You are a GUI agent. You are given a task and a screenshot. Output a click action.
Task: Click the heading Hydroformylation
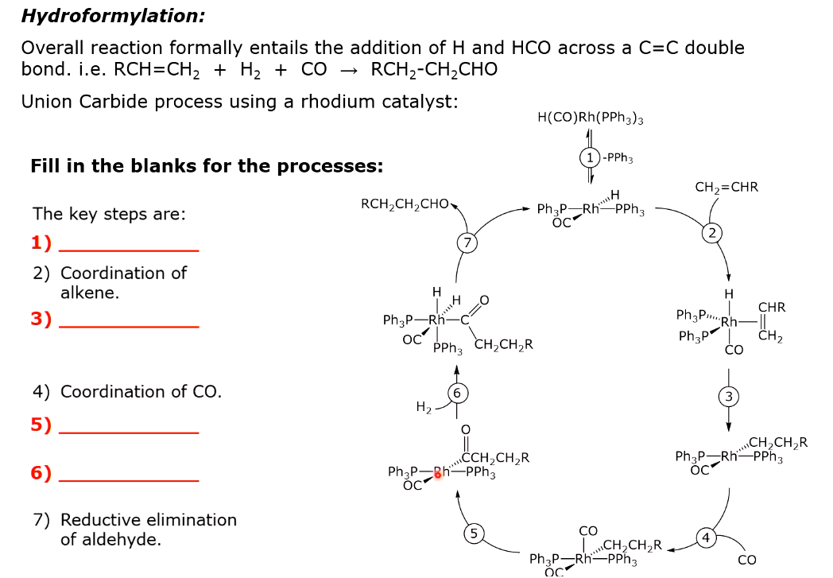tap(113, 15)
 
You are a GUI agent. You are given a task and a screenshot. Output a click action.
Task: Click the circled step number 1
tap(589, 157)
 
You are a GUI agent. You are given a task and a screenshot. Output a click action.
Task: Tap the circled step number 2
tap(712, 232)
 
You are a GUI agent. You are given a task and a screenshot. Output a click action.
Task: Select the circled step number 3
tap(728, 397)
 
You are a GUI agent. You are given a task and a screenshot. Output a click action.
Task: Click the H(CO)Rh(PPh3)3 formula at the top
tap(590, 118)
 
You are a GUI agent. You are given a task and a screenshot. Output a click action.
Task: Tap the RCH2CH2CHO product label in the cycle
tap(405, 204)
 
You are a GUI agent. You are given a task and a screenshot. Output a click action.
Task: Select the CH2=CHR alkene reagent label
tap(726, 188)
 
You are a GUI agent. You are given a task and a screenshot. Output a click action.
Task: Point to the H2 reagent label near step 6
tap(424, 407)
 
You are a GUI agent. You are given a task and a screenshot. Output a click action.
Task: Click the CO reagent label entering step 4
tap(746, 560)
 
